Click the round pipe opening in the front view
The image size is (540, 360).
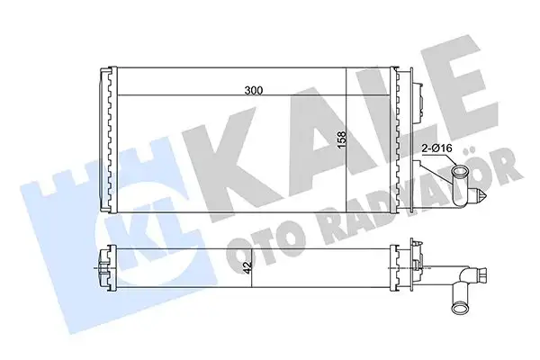pos(461,175)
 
